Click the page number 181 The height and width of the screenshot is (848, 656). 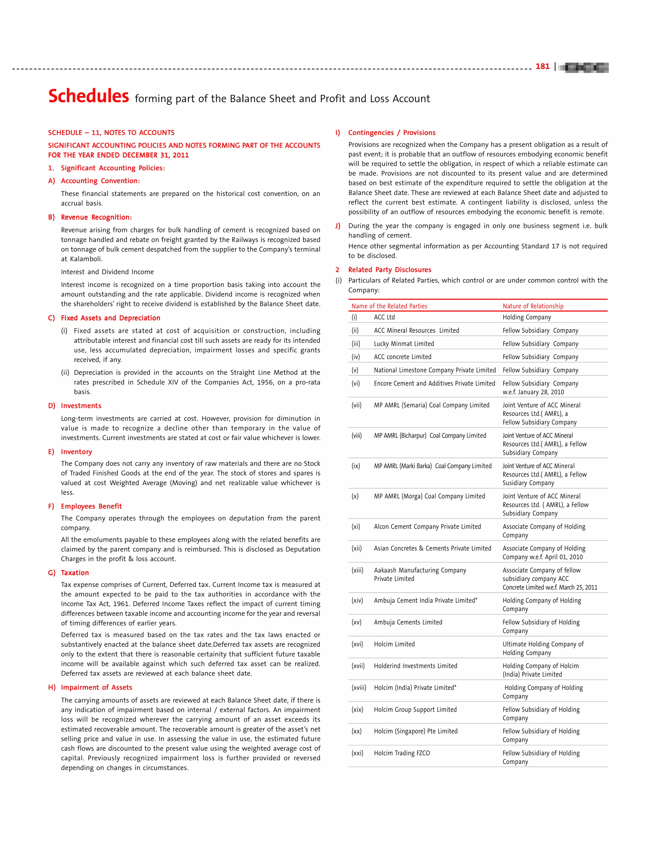click(x=542, y=66)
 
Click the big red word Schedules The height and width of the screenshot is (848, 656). click(x=89, y=96)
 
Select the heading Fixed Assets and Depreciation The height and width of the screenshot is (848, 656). click(x=111, y=318)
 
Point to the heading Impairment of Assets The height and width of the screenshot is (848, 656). click(x=96, y=687)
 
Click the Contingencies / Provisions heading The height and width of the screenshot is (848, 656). click(x=391, y=132)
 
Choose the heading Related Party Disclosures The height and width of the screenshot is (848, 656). click(x=389, y=269)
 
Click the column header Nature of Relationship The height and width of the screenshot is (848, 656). click(x=532, y=306)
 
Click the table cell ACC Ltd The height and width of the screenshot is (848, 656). click(x=384, y=317)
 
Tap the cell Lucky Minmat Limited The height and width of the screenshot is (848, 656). click(x=404, y=344)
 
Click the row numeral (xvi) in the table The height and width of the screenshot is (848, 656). click(x=357, y=644)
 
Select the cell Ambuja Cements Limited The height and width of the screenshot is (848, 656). click(x=408, y=622)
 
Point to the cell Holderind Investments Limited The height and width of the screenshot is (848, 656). click(x=415, y=666)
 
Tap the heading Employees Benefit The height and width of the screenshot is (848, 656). click(x=91, y=506)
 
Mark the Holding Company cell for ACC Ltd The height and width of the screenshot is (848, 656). click(x=526, y=317)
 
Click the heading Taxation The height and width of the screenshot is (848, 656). click(x=75, y=572)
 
